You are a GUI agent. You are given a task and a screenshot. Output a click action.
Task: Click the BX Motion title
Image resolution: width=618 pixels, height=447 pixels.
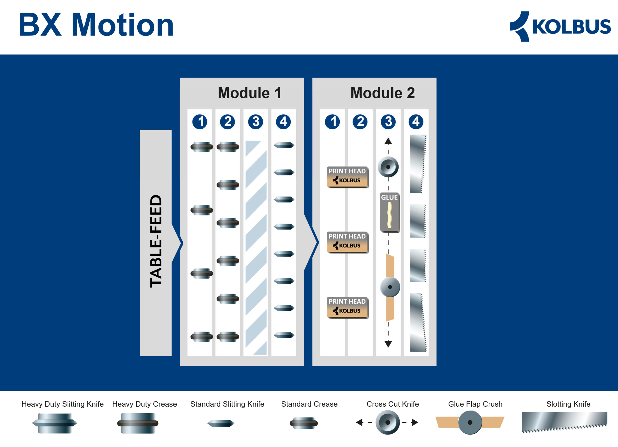click(x=96, y=25)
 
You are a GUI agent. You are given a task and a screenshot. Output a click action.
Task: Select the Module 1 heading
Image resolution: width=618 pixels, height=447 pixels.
click(x=249, y=93)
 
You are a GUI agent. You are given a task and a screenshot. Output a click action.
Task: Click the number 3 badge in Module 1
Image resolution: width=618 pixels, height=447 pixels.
click(x=255, y=122)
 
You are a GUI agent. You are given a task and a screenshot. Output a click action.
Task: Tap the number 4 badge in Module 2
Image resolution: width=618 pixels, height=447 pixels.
click(x=416, y=122)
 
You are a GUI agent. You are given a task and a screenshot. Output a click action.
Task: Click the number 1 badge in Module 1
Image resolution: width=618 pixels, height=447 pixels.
click(x=200, y=122)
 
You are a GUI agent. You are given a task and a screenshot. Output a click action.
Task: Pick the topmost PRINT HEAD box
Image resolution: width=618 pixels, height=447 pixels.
click(x=347, y=177)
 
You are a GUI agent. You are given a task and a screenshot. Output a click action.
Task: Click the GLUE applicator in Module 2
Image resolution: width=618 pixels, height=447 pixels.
click(x=390, y=212)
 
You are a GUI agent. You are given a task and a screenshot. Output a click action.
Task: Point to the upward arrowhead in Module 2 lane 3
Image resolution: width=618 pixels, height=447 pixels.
click(x=388, y=141)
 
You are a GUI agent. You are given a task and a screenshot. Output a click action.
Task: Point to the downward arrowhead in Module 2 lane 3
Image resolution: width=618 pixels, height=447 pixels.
click(x=388, y=344)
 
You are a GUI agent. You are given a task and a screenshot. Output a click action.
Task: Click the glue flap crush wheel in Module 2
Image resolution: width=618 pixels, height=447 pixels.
click(x=390, y=287)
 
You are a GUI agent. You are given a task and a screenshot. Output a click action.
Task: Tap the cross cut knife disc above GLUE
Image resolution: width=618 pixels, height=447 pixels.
click(x=388, y=167)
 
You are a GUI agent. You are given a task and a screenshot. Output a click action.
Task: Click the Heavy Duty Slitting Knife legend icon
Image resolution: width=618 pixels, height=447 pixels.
click(x=55, y=423)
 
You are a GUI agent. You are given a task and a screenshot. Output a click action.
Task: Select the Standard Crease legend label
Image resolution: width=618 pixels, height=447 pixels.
click(x=309, y=404)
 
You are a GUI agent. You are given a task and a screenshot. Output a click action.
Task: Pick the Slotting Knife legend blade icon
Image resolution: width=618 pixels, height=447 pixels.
click(x=565, y=422)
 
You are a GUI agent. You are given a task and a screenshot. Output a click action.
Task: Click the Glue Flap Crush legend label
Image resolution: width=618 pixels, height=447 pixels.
click(x=475, y=404)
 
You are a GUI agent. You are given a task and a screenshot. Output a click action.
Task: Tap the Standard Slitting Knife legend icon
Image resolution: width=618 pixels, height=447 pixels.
click(x=221, y=423)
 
